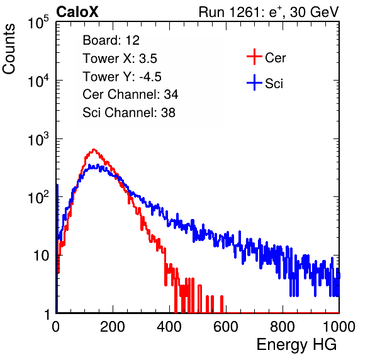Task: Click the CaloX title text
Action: pyautogui.click(x=77, y=12)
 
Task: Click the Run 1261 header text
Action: pyautogui.click(x=269, y=13)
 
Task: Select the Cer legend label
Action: pyautogui.click(x=275, y=58)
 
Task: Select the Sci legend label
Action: pyautogui.click(x=274, y=83)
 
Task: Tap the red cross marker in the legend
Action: pyautogui.click(x=254, y=57)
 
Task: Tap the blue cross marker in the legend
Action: pyautogui.click(x=254, y=82)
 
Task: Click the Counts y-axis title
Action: pyautogui.click(x=9, y=49)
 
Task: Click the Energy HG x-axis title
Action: pyautogui.click(x=296, y=345)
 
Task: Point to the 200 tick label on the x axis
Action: pyautogui.click(x=113, y=327)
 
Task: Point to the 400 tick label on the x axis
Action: pyautogui.click(x=169, y=327)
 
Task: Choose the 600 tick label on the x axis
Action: pyautogui.click(x=226, y=327)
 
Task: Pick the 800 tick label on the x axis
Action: pyautogui.click(x=283, y=327)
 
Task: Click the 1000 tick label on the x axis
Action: pyautogui.click(x=339, y=327)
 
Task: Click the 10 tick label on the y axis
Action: pyautogui.click(x=42, y=256)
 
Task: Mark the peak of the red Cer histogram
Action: pyautogui.click(x=94, y=150)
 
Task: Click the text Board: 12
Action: pyautogui.click(x=111, y=40)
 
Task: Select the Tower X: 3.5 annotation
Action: pyautogui.click(x=120, y=59)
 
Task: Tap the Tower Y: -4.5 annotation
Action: pyautogui.click(x=122, y=77)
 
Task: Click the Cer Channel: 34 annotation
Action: pyautogui.click(x=130, y=94)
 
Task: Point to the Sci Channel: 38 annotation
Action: pyautogui.click(x=129, y=113)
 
